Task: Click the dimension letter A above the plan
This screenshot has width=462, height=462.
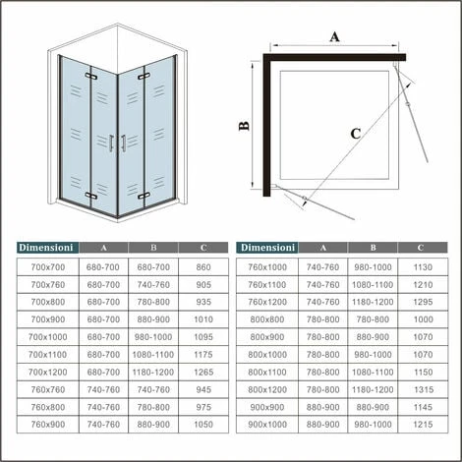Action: [x=334, y=38]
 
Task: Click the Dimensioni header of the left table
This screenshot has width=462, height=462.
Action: [x=48, y=249]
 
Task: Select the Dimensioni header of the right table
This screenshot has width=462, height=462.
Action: [x=268, y=249]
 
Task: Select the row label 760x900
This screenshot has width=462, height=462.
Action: [x=48, y=424]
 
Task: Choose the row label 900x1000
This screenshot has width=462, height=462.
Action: [x=268, y=424]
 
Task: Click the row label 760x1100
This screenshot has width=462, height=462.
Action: [x=268, y=284]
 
